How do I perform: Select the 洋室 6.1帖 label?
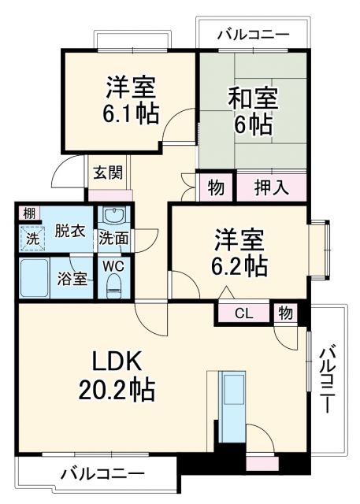pyautogui.click(x=132, y=100)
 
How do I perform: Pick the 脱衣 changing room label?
pyautogui.click(x=69, y=232)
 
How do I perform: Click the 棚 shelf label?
pyautogui.click(x=28, y=213)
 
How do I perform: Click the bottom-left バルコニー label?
pyautogui.click(x=102, y=474)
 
